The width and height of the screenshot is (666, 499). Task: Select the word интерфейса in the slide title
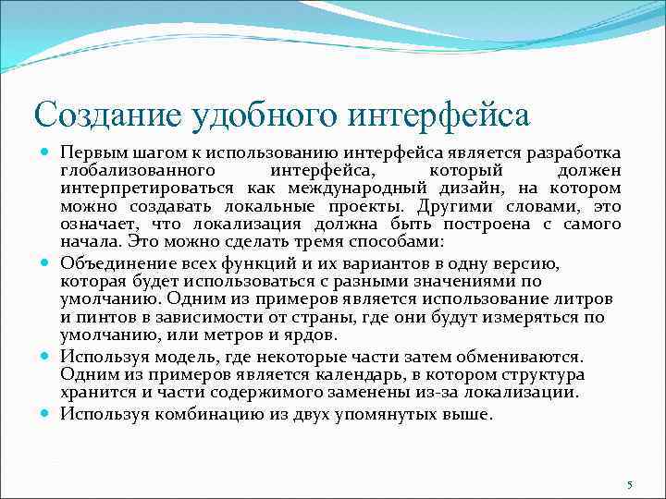(x=440, y=116)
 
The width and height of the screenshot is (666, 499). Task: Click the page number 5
(x=629, y=485)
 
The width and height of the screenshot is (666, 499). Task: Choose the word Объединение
(x=106, y=262)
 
